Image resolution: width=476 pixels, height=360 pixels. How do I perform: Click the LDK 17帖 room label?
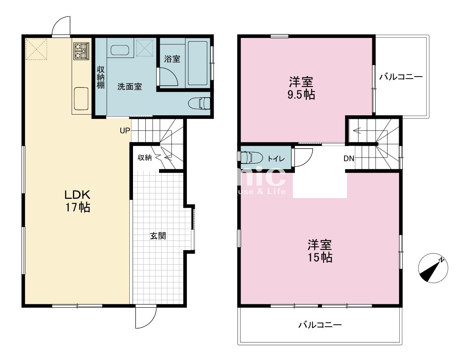pos(77,201)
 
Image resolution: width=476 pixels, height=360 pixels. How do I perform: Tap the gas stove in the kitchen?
pos(81,51)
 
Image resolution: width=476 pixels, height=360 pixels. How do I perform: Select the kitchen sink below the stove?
pos(81,98)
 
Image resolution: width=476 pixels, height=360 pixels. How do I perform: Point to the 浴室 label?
pos(172,59)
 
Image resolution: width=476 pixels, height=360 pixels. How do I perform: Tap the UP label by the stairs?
pos(125,131)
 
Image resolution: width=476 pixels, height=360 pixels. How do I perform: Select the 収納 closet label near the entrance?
pos(145,158)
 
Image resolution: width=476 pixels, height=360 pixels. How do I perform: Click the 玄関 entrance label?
pos(158,236)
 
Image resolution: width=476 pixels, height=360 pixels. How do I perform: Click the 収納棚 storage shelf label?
pos(100,77)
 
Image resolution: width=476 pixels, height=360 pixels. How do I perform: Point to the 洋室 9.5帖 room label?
pos(301,88)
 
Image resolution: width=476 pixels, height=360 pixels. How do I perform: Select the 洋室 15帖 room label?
pos(320,251)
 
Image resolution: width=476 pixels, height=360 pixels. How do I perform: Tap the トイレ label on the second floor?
pos(276,159)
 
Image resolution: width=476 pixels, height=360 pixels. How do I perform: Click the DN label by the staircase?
pos(349,158)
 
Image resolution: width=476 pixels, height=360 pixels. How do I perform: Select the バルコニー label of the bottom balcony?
pos(320,325)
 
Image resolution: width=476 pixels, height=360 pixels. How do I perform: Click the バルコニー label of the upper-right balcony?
pos(401,77)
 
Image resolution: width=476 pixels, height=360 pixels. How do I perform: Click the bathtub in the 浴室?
pos(197,63)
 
